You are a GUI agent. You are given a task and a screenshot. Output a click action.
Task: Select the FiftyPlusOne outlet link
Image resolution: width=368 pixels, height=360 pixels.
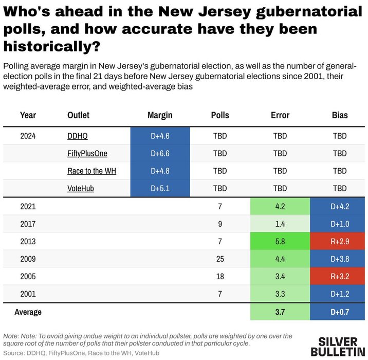pos(87,153)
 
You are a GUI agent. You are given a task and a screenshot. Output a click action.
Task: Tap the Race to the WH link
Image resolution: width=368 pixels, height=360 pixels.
pos(91,171)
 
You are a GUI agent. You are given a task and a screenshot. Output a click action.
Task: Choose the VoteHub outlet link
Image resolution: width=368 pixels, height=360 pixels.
pos(81,188)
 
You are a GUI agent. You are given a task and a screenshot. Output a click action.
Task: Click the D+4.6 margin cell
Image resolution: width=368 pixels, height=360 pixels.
pos(160,136)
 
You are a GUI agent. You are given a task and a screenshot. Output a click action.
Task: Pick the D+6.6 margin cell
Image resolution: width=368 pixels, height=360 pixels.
pos(160,153)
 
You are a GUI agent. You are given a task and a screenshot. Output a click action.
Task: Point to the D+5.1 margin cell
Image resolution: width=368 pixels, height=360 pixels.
pos(160,188)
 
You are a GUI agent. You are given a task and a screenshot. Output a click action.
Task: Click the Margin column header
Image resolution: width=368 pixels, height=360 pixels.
pos(160,115)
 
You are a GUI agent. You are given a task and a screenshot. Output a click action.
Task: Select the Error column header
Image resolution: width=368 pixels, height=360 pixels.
pos(280,115)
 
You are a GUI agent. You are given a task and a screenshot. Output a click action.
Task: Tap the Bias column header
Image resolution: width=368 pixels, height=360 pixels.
pos(340,115)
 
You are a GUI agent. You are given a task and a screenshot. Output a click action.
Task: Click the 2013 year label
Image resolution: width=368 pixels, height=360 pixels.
pos(28,241)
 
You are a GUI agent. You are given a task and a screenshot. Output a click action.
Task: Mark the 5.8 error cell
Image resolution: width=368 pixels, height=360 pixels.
pos(280,241)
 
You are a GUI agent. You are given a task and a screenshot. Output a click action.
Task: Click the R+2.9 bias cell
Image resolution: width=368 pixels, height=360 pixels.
pos(340,241)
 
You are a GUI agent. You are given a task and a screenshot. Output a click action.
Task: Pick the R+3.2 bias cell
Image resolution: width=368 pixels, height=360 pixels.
pos(340,276)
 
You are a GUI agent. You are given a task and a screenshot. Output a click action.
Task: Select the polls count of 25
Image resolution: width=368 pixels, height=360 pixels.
pos(220,259)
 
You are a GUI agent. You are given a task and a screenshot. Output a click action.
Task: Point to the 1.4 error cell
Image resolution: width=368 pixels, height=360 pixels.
pos(280,224)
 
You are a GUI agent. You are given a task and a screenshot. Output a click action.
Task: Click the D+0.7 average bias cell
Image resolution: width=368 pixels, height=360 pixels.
pos(340,312)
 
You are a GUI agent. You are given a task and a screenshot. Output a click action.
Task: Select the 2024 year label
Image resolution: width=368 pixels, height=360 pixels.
pos(28,136)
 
